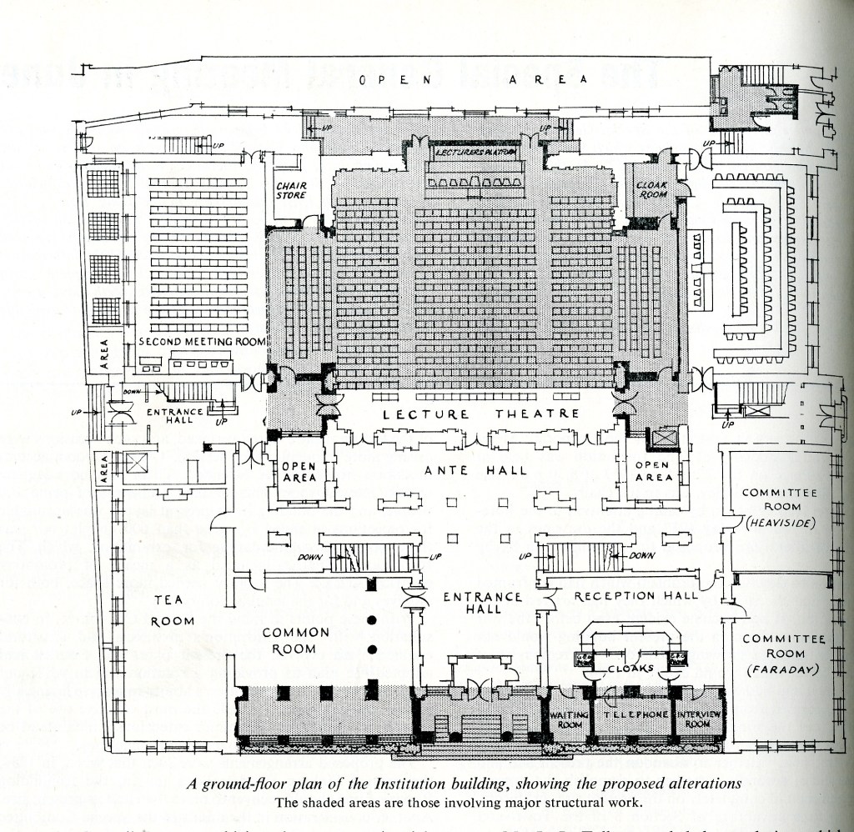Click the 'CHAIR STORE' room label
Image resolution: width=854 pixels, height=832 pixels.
pyautogui.click(x=290, y=190)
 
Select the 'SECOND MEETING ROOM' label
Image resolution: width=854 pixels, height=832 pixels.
pyautogui.click(x=202, y=342)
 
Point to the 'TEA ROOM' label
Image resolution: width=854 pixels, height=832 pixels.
pyautogui.click(x=173, y=610)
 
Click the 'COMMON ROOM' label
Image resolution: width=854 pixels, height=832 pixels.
pyautogui.click(x=296, y=640)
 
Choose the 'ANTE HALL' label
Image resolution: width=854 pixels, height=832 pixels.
pyautogui.click(x=476, y=470)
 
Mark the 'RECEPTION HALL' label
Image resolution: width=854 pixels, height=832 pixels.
pyautogui.click(x=636, y=595)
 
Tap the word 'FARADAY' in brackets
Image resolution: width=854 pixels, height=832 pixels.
pyautogui.click(x=782, y=669)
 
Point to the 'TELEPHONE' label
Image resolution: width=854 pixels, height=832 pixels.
pyautogui.click(x=636, y=715)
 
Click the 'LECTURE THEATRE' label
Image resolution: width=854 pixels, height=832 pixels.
pyautogui.click(x=481, y=414)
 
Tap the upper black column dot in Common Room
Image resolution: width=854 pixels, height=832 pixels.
pyautogui.click(x=373, y=619)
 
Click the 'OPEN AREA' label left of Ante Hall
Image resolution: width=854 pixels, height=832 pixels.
pyautogui.click(x=299, y=472)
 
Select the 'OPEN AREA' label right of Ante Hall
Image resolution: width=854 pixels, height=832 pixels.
pyautogui.click(x=654, y=472)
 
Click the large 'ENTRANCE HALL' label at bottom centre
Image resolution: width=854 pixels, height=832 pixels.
pyautogui.click(x=483, y=603)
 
